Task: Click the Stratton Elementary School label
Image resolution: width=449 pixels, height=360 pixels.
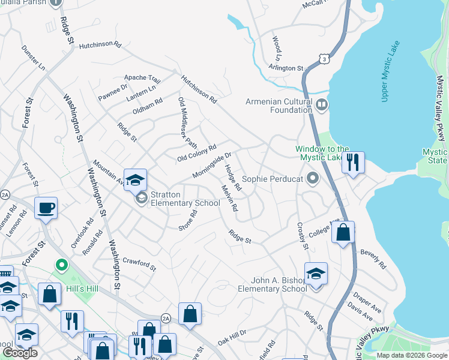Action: (185, 199)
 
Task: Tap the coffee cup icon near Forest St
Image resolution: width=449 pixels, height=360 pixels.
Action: (46, 208)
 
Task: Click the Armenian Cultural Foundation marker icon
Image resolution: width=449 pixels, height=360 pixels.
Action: (322, 106)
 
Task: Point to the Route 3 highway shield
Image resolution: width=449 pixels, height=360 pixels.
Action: (324, 59)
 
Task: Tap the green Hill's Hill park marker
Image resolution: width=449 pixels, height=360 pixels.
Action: (61, 265)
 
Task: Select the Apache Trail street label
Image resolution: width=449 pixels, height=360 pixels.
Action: (142, 79)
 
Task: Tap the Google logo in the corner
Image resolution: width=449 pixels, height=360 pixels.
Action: (20, 353)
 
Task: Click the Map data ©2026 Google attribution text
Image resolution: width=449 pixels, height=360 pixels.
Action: (411, 355)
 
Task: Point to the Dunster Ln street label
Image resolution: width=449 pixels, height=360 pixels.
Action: (33, 58)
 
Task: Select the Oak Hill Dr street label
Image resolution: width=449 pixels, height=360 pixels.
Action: (232, 337)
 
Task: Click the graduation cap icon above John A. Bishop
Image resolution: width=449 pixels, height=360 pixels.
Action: (316, 273)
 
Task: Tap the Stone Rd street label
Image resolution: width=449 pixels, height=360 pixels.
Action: (188, 221)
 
